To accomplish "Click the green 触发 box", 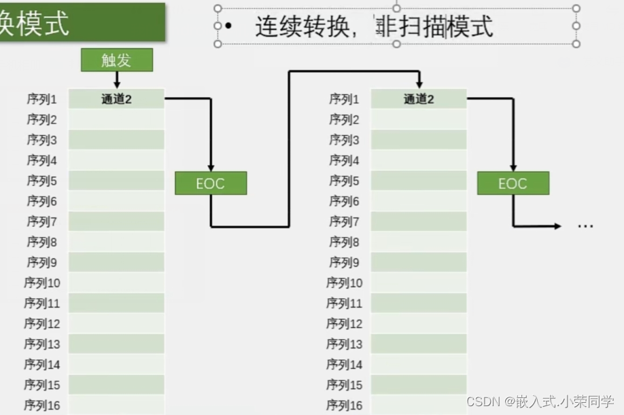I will coord(116,60).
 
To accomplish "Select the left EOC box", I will coord(211,183).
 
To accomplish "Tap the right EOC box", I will coord(513,183).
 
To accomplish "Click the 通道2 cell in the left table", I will coord(116,99).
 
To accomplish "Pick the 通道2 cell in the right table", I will coord(419,99).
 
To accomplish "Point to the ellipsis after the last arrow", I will coord(585,226).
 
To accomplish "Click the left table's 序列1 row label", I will coord(42,99).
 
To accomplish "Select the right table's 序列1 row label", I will coord(344,99).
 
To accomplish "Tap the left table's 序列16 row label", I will coord(42,405).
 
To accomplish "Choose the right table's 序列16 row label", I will coord(344,405).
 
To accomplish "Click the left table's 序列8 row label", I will coord(42,242).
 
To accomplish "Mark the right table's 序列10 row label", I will coord(344,283).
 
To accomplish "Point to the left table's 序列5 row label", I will coord(42,181).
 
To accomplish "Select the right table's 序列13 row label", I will coord(344,344).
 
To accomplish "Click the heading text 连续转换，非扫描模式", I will coord(374,26).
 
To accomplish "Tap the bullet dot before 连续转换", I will coord(228,26).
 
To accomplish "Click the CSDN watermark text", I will coord(540,401).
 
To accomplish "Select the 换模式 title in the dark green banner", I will coord(34,24).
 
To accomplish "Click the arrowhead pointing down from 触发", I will coord(116,84).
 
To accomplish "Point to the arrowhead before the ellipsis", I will coord(557,226).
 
